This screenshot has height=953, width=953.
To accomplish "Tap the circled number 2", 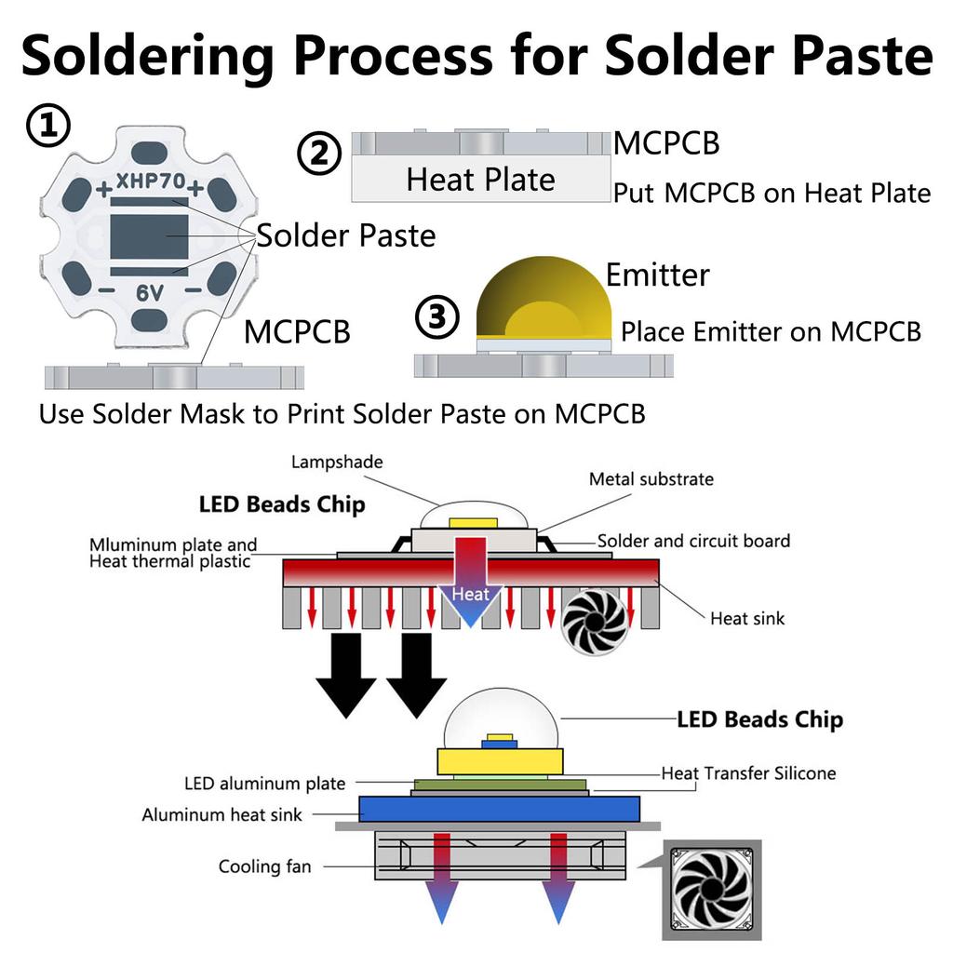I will click(319, 154).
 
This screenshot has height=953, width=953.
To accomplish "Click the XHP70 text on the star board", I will click(150, 182).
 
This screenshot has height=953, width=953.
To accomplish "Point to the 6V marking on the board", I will click(150, 292).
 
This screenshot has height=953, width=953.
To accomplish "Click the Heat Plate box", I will click(480, 179).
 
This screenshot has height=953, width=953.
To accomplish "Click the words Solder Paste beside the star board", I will click(346, 235).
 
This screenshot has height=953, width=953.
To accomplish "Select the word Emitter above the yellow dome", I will click(657, 275).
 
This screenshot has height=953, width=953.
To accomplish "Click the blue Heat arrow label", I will click(470, 594).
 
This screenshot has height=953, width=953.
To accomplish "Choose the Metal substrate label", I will click(651, 479).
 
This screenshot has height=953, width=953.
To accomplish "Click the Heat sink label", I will click(747, 618).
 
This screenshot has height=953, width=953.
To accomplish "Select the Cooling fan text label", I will click(264, 866).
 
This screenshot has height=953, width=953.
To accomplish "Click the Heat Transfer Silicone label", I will click(748, 773).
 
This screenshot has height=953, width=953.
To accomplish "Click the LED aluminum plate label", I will click(264, 784).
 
